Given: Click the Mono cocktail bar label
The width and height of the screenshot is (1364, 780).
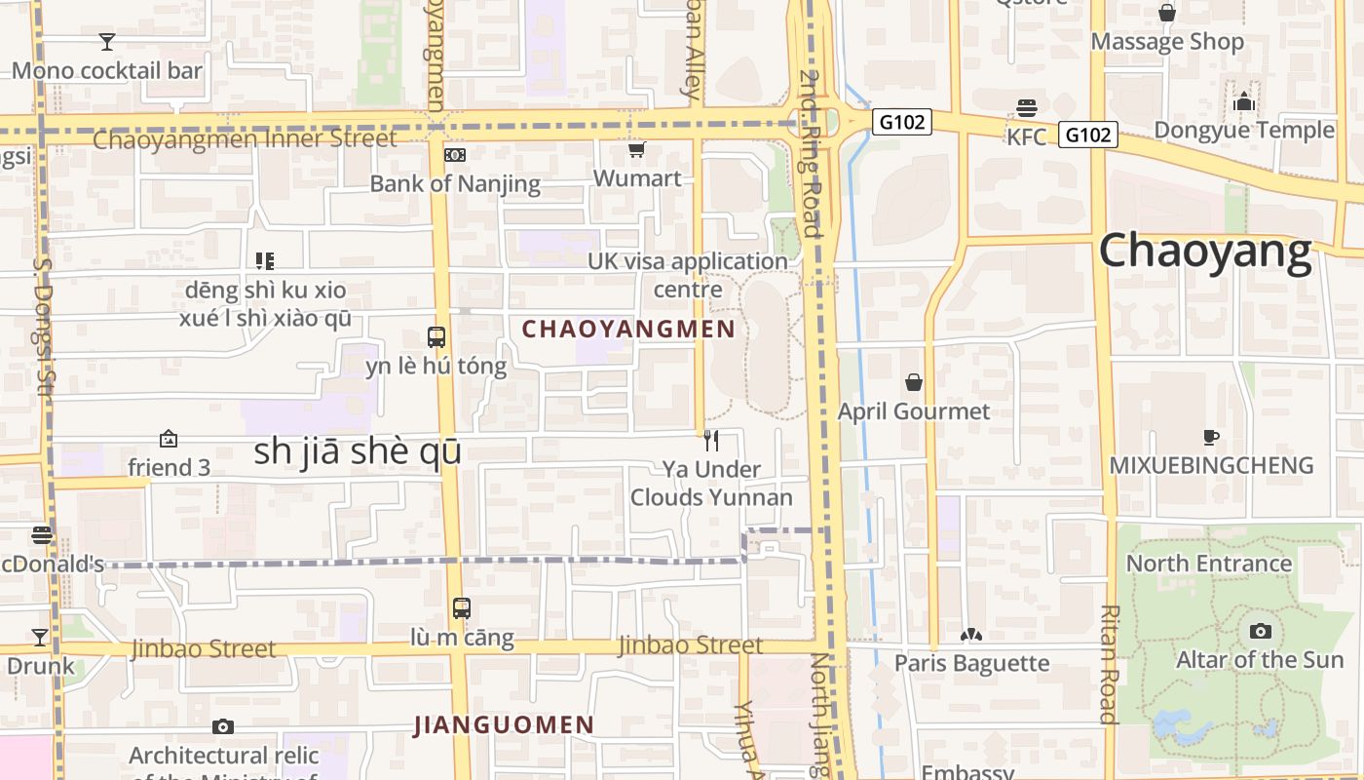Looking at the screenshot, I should [107, 70].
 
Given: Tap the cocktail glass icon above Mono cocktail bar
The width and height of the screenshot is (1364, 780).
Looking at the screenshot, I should [107, 41].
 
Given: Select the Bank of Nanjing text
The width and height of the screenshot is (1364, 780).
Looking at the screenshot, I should [455, 183].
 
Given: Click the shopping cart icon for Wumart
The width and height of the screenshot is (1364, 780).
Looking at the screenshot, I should [636, 149].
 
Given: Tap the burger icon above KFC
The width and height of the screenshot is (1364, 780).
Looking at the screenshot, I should [1027, 107].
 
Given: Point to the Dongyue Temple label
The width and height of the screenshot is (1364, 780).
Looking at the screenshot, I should [1244, 130].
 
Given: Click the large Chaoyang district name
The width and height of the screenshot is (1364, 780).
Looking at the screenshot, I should [1205, 252].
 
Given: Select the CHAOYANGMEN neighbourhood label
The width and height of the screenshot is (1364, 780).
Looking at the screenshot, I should [628, 329].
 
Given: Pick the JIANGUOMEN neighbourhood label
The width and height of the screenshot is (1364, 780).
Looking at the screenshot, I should [504, 724].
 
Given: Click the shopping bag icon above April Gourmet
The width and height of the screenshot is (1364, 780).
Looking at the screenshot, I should [914, 382].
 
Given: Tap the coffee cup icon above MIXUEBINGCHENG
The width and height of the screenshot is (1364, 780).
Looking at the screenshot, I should [1211, 437].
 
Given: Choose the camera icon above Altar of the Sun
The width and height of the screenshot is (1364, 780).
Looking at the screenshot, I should [1260, 631].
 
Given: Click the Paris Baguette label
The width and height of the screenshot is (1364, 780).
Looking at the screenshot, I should [971, 663].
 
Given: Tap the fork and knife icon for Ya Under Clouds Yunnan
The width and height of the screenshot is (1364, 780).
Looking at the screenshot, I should [711, 441].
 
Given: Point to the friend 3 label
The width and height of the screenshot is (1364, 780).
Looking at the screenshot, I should [169, 467].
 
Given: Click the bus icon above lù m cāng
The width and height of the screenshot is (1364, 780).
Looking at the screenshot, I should [462, 608].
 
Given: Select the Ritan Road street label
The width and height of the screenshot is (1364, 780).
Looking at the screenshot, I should [1109, 663].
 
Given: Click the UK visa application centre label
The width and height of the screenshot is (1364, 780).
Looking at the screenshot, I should [688, 275].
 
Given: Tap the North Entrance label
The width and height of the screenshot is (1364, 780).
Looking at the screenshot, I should [1208, 563].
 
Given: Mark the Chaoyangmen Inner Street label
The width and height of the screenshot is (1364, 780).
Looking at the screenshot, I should [245, 138].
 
